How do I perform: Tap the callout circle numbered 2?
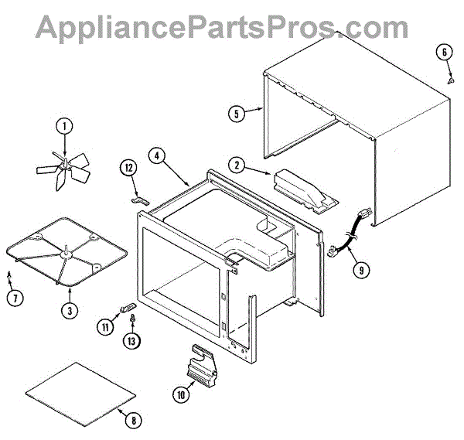pyautogui.click(x=238, y=165)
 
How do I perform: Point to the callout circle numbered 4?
pyautogui.click(x=158, y=155)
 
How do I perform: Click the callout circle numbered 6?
pyautogui.click(x=445, y=53)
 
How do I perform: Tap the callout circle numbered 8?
pyautogui.click(x=133, y=421)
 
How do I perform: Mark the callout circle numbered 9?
pyautogui.click(x=360, y=270)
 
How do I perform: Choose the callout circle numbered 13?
pyautogui.click(x=132, y=340)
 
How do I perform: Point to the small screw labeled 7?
pyautogui.click(x=9, y=273)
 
